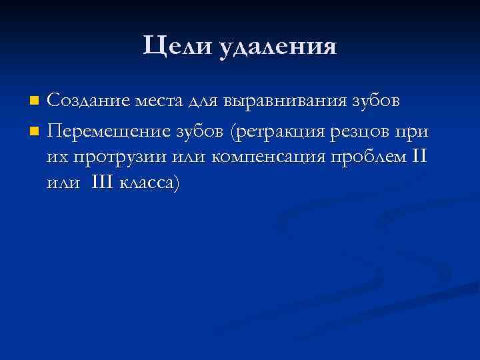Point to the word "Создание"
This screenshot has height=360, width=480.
[x=89, y=101]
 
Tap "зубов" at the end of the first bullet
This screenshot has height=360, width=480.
[x=377, y=101]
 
